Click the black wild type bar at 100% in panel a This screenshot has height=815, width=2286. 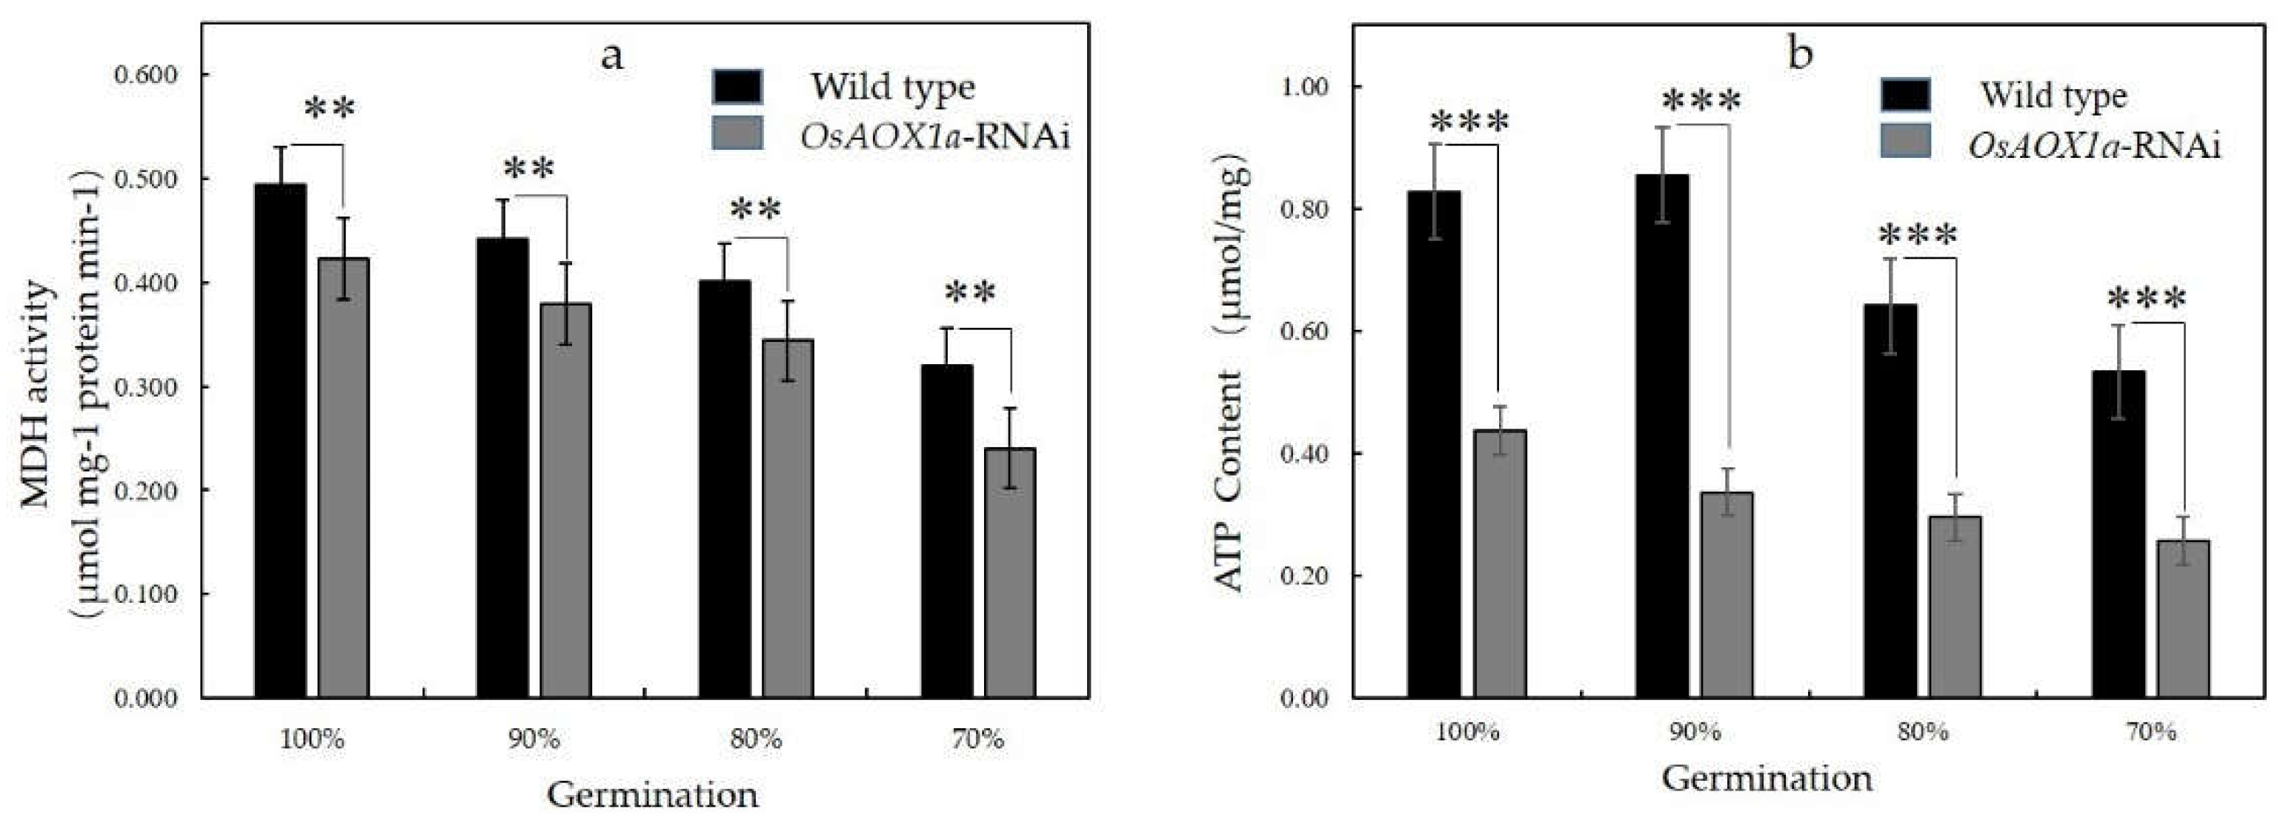pyautogui.click(x=280, y=441)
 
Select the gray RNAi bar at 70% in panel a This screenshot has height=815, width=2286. pyautogui.click(x=1010, y=573)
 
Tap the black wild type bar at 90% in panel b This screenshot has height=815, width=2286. pyautogui.click(x=1662, y=435)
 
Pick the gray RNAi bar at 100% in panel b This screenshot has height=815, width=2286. pyautogui.click(x=1500, y=563)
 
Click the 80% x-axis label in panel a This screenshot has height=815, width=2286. pyautogui.click(x=756, y=739)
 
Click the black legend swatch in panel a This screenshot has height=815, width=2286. pyautogui.click(x=737, y=87)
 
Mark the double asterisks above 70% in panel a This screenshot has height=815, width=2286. pyautogui.click(x=971, y=292)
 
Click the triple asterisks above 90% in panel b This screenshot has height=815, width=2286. pyautogui.click(x=1701, y=101)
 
